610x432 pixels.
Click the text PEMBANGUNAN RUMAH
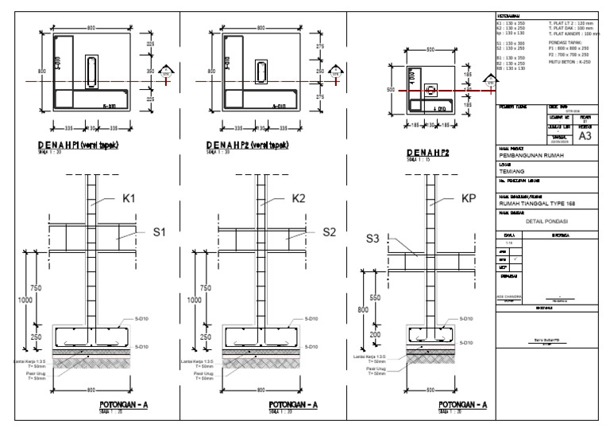pyautogui.click(x=532, y=156)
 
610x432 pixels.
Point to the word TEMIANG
pyautogui.click(x=512, y=171)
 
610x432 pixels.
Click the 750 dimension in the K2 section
pyautogui.click(x=206, y=287)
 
